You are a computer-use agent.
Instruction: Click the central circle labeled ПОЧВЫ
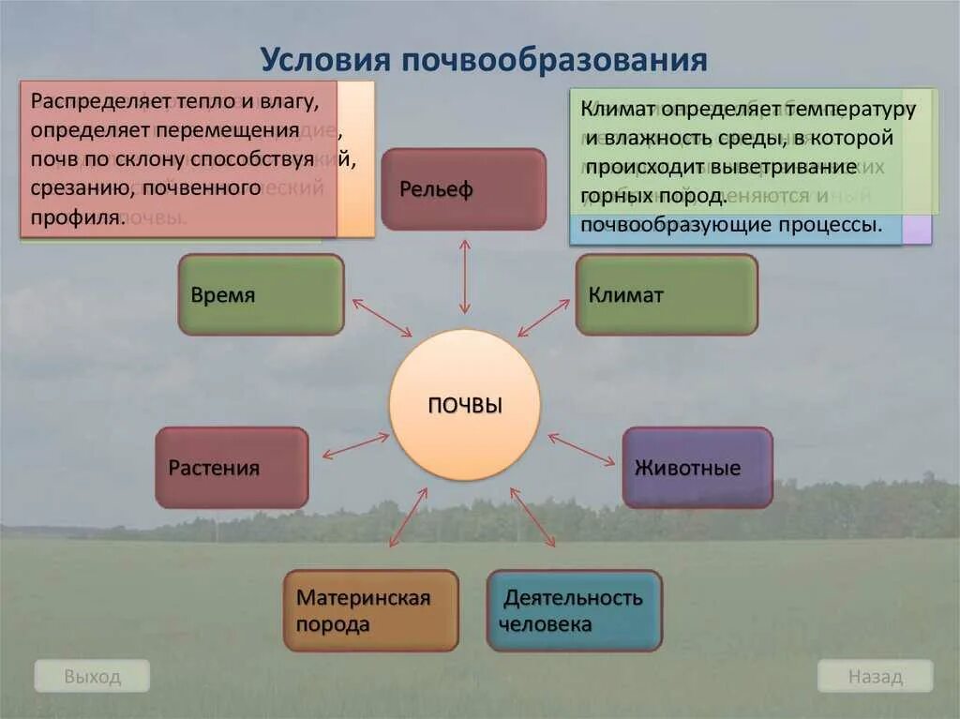coord(464,405)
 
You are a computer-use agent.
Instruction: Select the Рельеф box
coord(463,189)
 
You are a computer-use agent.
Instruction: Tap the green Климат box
coord(667,294)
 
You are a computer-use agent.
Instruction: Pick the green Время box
coord(261,294)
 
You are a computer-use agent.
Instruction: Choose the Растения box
coord(232,468)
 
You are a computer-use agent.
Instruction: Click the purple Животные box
coord(697,468)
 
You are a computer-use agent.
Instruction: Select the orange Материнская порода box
coord(371,610)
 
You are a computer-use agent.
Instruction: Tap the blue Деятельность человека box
coord(574,610)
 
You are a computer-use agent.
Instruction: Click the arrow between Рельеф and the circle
coord(464,277)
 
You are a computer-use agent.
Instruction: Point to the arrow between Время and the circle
coord(382,318)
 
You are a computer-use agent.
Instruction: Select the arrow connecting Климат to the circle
coord(544,318)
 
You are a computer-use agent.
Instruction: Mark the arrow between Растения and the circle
coord(355,445)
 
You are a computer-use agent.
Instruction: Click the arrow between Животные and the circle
coord(581,449)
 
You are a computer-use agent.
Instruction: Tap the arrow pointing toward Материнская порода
coord(408,517)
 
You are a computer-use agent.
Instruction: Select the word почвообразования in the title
coord(554,60)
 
